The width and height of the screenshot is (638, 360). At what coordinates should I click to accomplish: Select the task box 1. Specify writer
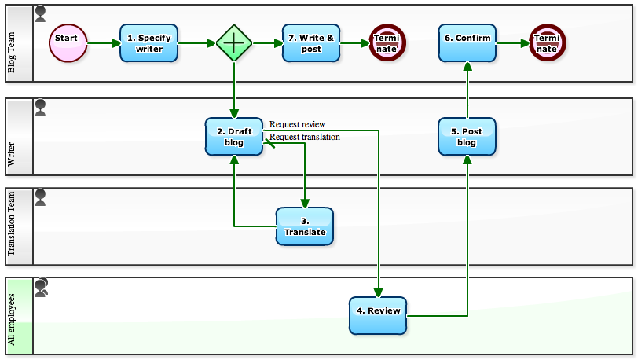149,42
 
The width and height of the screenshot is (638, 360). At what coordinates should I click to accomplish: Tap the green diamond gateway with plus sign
233,42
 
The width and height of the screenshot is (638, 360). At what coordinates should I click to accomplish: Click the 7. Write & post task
311,42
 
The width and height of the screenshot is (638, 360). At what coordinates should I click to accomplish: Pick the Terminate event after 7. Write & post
386,42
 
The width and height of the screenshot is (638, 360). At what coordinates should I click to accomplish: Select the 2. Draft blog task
234,136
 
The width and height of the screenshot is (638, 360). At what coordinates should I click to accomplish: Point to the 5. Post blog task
467,136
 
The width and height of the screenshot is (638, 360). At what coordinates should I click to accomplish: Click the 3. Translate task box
305,226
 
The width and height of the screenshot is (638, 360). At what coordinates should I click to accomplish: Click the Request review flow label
298,124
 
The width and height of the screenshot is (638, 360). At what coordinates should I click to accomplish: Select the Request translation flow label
305,137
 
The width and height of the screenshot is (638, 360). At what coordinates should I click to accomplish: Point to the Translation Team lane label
12,226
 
